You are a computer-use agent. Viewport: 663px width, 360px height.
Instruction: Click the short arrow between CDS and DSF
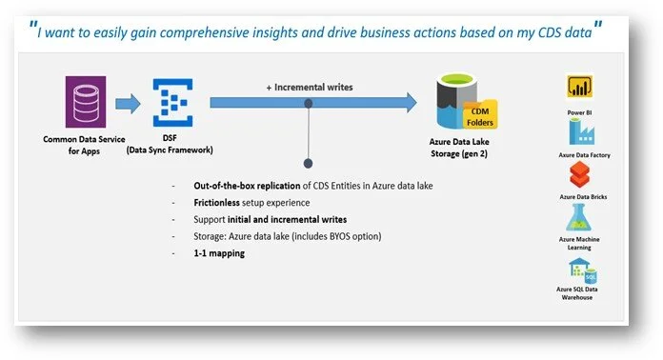pos(127,103)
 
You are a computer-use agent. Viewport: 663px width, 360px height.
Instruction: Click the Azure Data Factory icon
pos(580,137)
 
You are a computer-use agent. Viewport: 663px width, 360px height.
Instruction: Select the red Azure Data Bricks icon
pos(580,176)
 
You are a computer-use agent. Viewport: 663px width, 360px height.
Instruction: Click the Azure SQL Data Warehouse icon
pos(580,272)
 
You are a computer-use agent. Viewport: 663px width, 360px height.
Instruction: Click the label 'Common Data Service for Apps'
pos(82,144)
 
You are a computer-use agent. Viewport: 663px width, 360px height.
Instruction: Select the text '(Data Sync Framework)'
pos(170,150)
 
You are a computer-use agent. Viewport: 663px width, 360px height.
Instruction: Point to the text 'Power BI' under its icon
pos(580,111)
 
